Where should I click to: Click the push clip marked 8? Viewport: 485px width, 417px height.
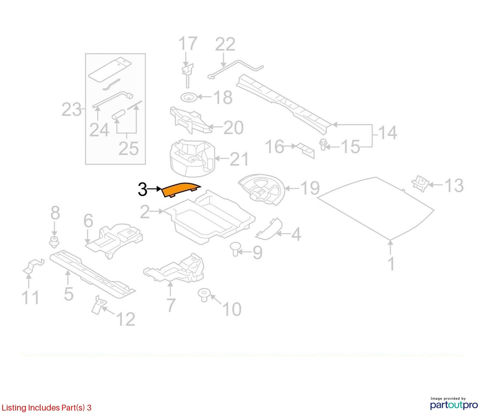(54, 242)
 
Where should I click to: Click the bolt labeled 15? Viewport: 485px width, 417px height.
(323, 144)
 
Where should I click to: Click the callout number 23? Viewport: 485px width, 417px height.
(71, 109)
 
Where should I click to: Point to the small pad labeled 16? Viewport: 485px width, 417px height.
(305, 150)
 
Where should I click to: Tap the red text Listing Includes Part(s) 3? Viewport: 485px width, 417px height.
(46, 408)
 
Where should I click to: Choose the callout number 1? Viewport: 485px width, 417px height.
(391, 264)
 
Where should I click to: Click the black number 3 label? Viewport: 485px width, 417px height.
(142, 189)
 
